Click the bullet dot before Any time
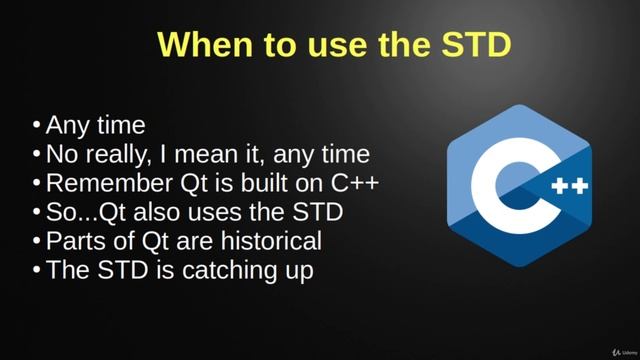(x=37, y=125)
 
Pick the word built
(x=252, y=184)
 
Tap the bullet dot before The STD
(x=37, y=270)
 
